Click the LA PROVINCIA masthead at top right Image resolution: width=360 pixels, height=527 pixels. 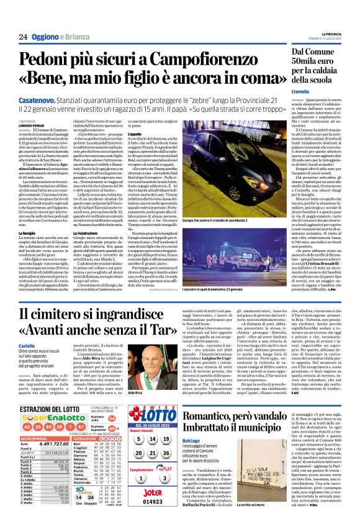point(335,34)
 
